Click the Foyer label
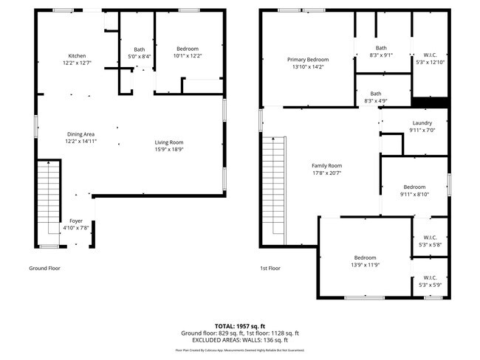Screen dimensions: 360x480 point(76,221)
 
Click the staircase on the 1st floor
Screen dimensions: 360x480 point(274,188)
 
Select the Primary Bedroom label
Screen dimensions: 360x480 point(308,60)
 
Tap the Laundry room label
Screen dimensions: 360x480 point(422,123)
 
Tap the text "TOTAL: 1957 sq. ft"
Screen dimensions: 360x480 point(240,325)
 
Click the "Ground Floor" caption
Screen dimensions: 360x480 point(44,269)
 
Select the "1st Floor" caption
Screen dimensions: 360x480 point(270,269)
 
